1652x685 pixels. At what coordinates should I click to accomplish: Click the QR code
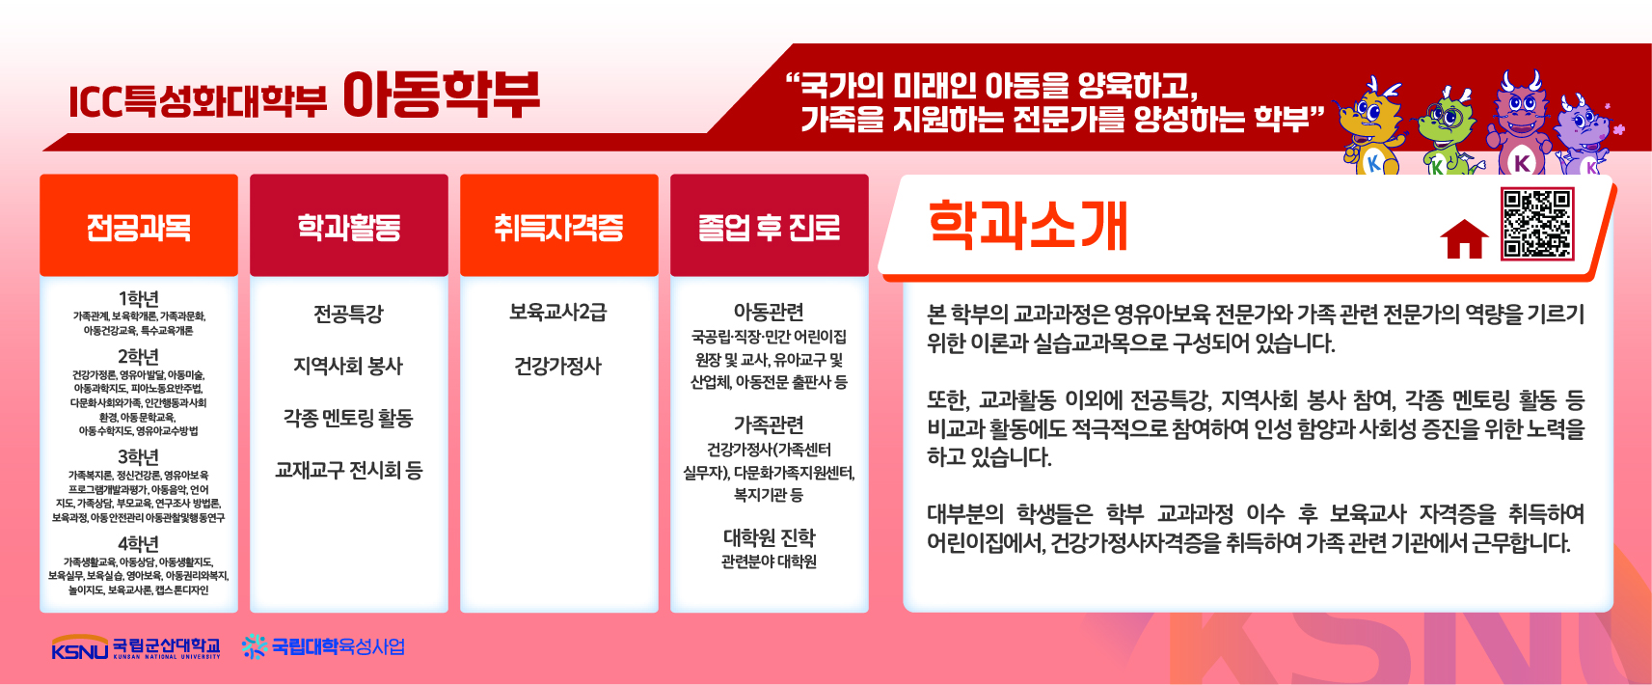(1537, 224)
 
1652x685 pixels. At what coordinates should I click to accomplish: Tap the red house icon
(1464, 239)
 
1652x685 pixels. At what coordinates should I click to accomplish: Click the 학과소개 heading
(1027, 226)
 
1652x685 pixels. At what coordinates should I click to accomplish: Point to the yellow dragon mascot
(1371, 125)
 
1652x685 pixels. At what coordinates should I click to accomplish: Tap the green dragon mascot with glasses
(1447, 133)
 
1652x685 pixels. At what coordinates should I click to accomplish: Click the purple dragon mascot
(1585, 137)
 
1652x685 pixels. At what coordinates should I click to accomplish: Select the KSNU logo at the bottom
(136, 647)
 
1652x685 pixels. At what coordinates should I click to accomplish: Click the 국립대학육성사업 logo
(323, 646)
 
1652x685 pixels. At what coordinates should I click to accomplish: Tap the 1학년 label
(139, 299)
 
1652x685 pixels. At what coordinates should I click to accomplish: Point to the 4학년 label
(139, 544)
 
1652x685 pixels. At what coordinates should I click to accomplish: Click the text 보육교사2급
(558, 313)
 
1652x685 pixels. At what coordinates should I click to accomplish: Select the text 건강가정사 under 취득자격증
(558, 366)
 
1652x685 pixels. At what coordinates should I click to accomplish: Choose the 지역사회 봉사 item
(348, 366)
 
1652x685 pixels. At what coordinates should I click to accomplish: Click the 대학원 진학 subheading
(770, 537)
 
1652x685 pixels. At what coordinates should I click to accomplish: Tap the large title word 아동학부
(442, 96)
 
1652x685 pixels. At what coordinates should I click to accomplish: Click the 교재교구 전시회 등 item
(349, 470)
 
